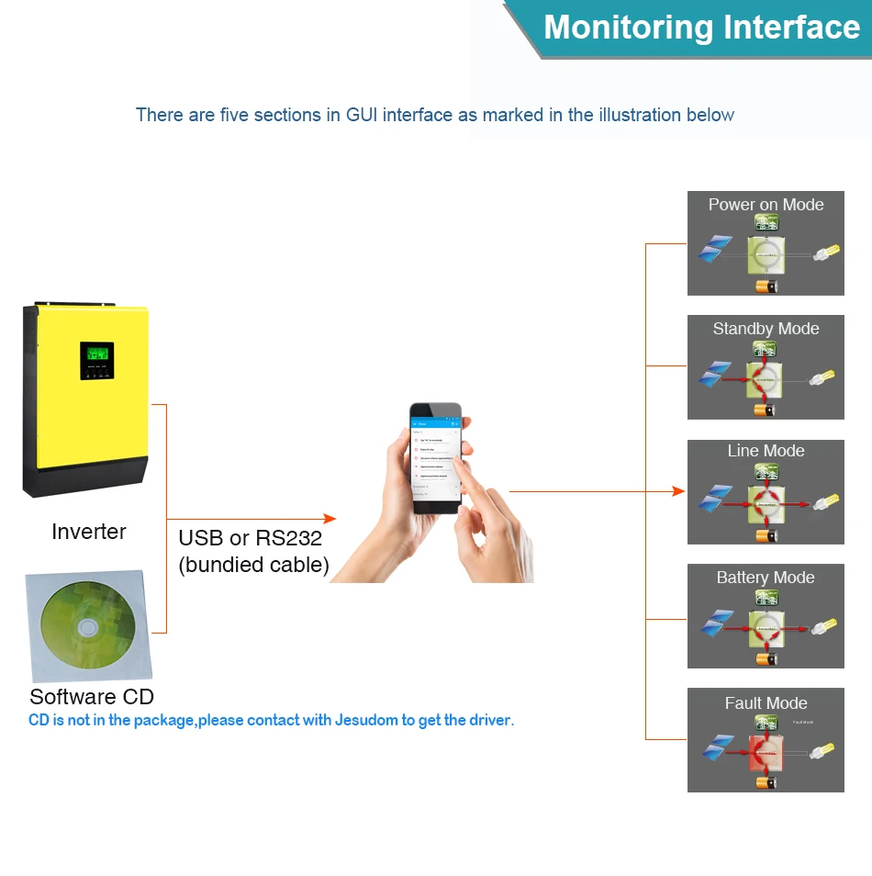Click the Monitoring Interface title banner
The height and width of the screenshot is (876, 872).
701,28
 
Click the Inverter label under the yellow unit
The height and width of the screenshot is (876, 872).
89,532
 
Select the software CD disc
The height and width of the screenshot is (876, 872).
87,627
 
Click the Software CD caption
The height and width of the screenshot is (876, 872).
92,696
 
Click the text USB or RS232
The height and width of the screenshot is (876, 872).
250,538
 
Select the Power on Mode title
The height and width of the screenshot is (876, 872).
766,205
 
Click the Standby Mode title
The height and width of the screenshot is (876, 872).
766,329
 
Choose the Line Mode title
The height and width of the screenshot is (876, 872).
766,451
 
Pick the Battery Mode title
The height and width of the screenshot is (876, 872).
766,578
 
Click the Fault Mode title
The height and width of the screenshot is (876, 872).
766,703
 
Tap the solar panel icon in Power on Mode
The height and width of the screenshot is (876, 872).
714,249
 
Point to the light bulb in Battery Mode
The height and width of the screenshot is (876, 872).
825,628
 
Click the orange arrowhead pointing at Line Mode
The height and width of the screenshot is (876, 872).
679,491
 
